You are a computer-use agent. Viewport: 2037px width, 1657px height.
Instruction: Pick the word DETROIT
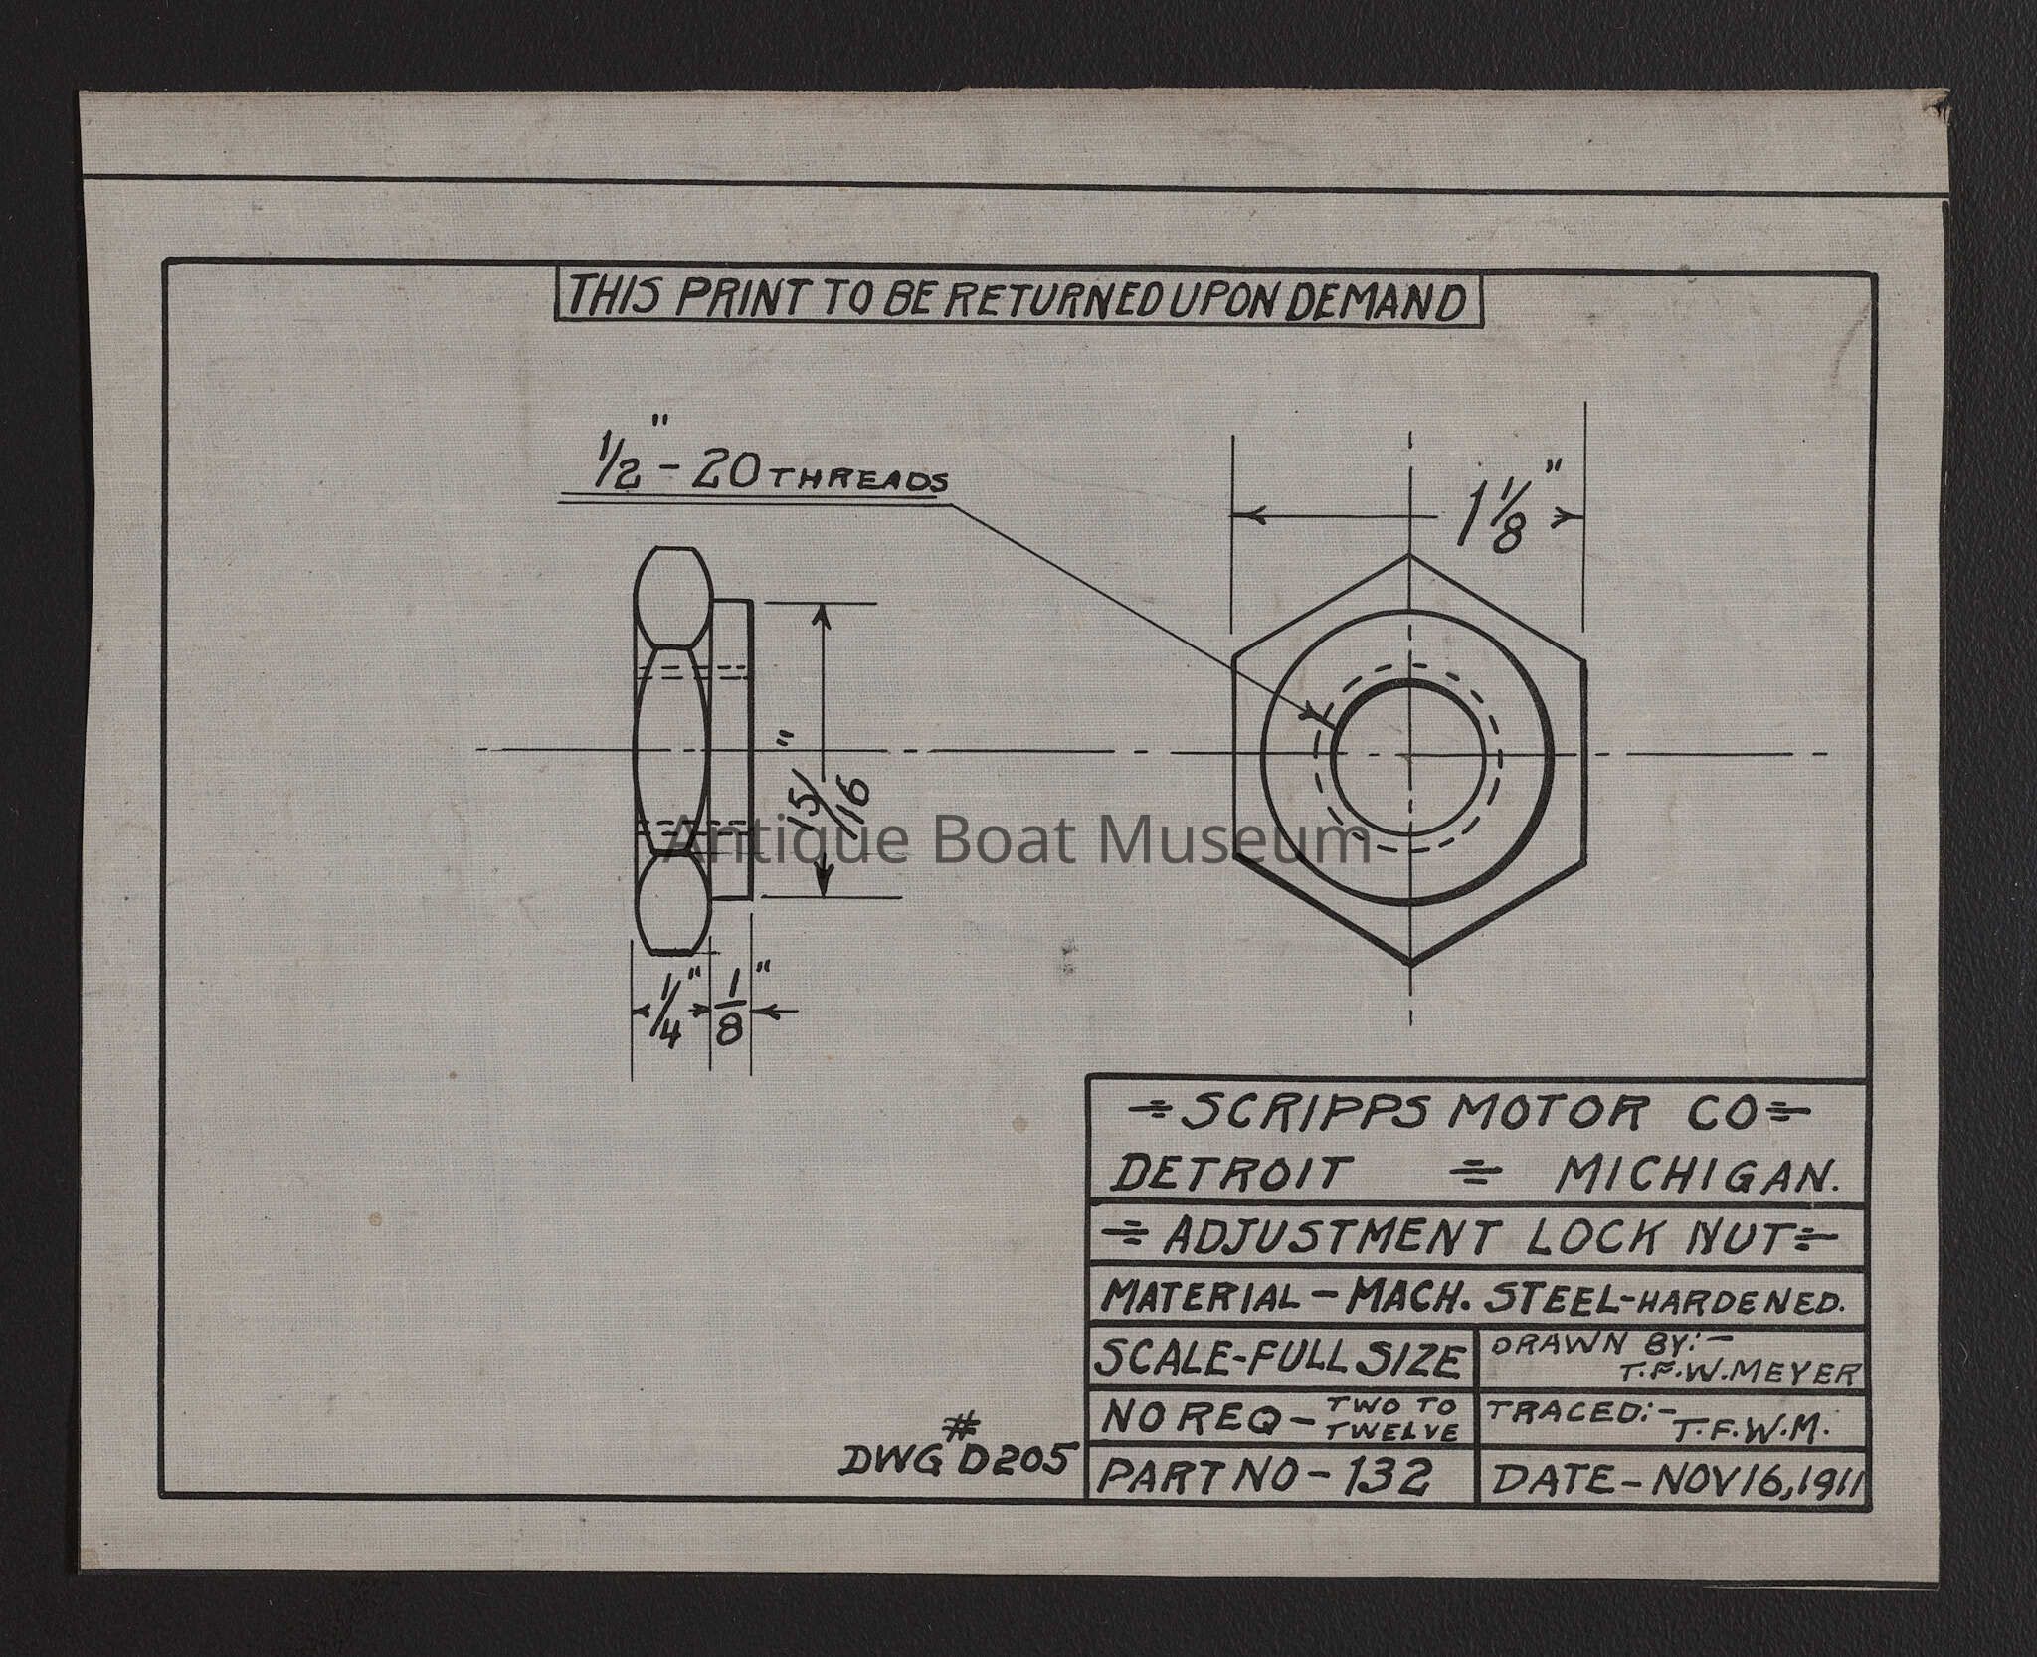1225,1176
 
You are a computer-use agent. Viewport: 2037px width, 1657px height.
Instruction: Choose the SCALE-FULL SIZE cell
1281,1358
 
